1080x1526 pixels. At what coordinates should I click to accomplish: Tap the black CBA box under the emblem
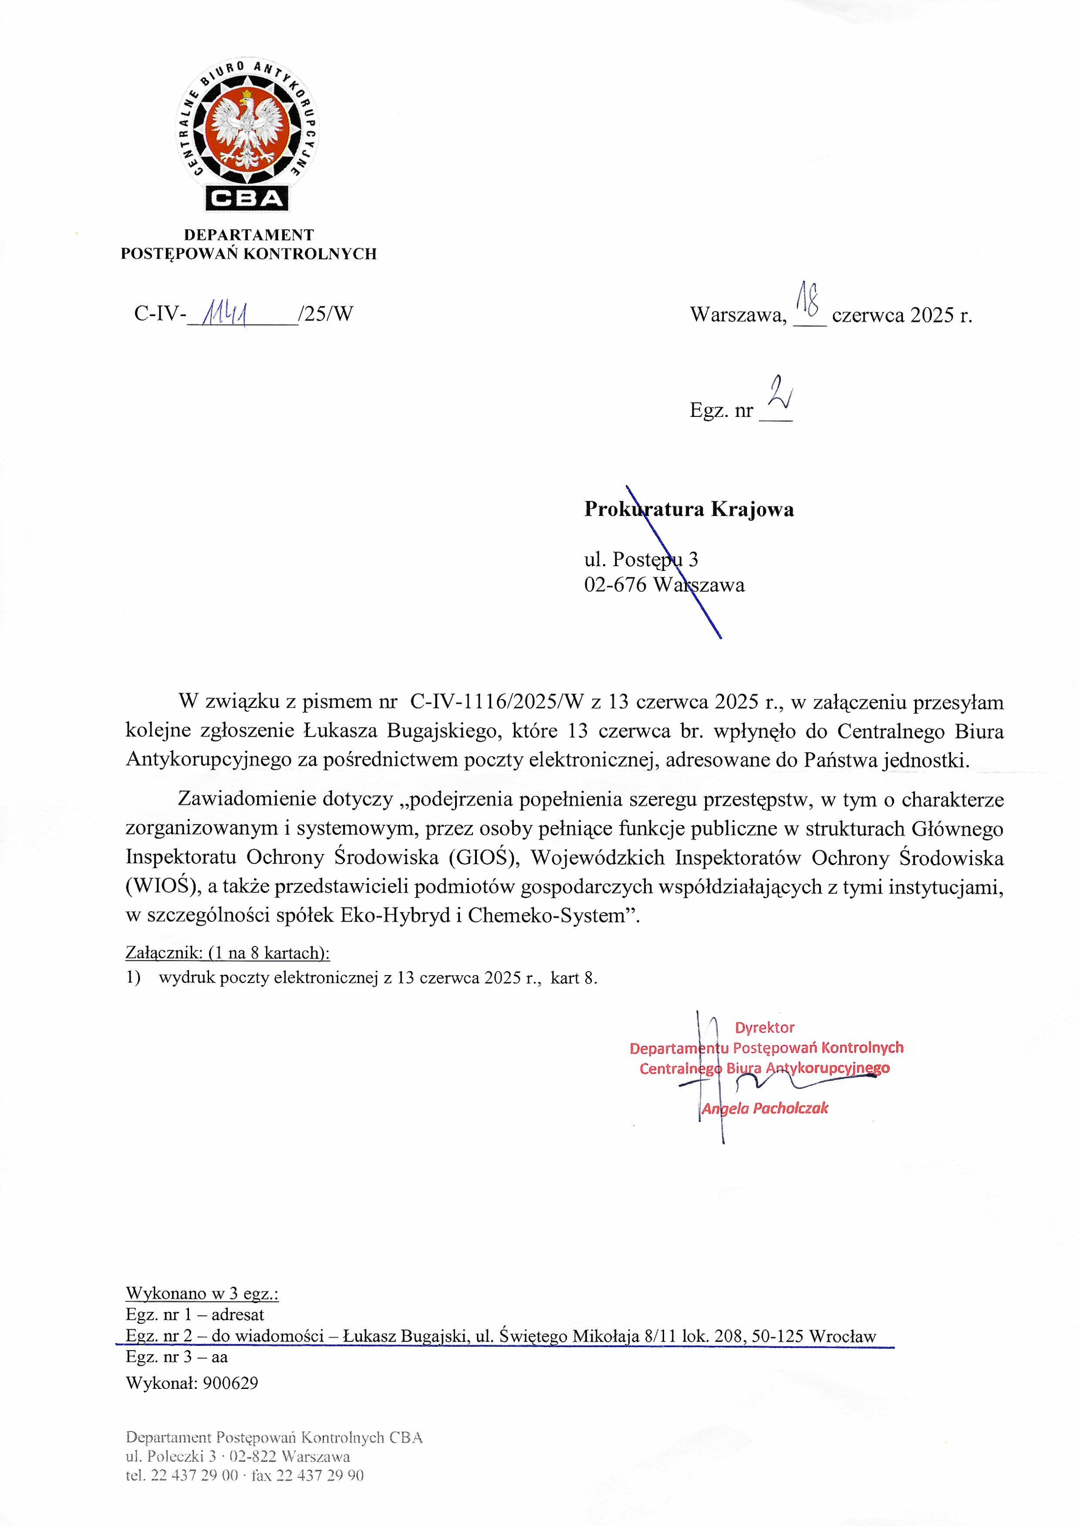248,198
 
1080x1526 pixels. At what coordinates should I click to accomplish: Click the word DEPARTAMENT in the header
249,235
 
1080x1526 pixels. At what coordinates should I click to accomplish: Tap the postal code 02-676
615,586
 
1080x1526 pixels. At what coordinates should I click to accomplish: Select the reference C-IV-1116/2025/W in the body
496,703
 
